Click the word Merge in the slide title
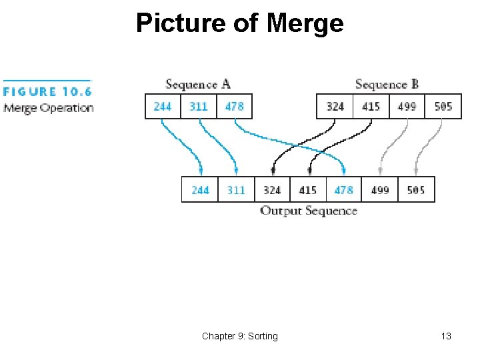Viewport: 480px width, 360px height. tap(305, 23)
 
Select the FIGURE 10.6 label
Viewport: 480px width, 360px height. tap(47, 92)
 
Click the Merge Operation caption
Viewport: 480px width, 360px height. tap(48, 108)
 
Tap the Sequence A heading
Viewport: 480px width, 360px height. tap(198, 84)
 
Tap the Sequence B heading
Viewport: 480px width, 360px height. tap(387, 84)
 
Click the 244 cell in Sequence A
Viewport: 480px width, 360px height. tap(163, 106)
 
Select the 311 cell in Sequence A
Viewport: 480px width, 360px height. tap(199, 106)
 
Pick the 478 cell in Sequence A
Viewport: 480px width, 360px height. tap(235, 106)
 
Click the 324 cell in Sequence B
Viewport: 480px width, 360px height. tap(335, 106)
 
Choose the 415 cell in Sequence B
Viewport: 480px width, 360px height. tap(371, 106)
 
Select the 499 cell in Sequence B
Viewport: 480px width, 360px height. tap(407, 106)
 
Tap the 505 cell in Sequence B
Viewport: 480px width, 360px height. tap(443, 106)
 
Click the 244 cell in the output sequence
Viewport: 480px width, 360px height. tap(200, 190)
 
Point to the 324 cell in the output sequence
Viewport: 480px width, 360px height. tap(272, 190)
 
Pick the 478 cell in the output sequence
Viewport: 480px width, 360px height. tap(344, 190)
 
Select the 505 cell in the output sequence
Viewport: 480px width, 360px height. tap(416, 190)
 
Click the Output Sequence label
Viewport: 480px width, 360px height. tap(309, 211)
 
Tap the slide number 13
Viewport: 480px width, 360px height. tap(446, 336)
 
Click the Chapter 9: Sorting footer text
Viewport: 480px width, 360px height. tap(240, 336)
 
